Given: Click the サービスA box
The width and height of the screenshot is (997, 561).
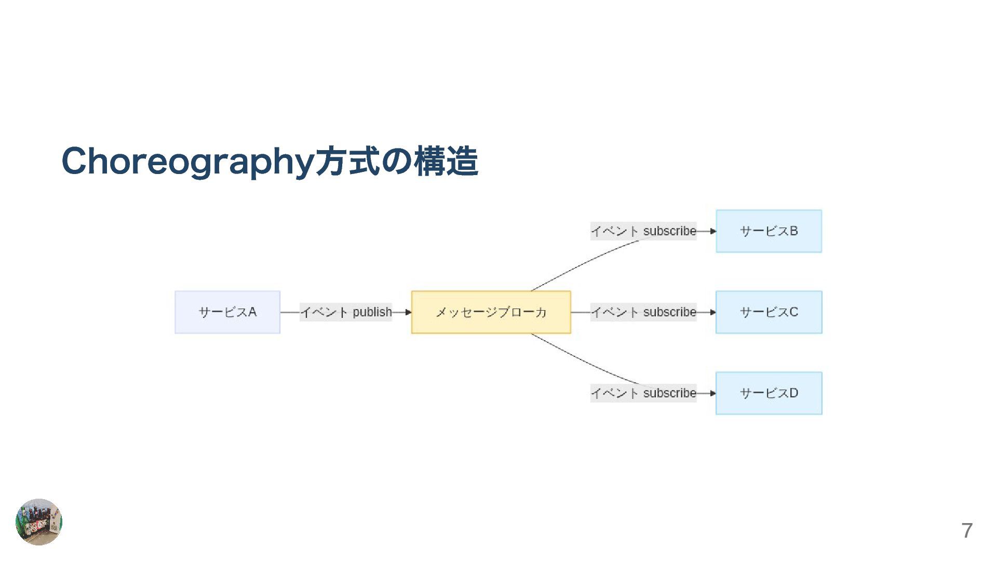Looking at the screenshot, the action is tap(227, 312).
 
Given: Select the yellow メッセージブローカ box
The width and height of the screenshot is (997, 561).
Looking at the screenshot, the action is tap(491, 312).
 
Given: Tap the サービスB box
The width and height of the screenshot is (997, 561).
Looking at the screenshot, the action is tap(769, 231).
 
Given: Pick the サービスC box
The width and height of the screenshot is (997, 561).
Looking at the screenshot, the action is tap(769, 312).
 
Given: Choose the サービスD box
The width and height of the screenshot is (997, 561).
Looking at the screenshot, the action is tap(769, 393).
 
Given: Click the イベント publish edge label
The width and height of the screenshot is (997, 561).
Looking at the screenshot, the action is tap(346, 312).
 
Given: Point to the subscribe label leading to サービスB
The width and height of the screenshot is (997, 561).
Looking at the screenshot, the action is tap(643, 231).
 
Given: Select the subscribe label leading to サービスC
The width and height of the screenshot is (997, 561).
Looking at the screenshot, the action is tap(643, 312).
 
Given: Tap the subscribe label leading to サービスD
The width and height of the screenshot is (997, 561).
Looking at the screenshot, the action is tap(643, 393).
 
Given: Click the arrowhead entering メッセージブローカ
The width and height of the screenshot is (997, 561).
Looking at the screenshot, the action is tap(408, 312).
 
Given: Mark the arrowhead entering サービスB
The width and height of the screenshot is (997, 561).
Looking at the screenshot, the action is tap(713, 231).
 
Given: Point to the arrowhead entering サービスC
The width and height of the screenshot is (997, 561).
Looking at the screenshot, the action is tap(713, 312).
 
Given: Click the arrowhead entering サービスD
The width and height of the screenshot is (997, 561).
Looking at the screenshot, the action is tap(713, 393).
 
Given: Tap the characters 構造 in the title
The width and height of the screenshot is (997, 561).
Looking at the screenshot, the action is tap(446, 162).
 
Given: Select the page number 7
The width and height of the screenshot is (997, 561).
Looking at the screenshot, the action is tap(966, 530).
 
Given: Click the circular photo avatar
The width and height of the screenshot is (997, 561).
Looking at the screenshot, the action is tap(39, 522).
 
